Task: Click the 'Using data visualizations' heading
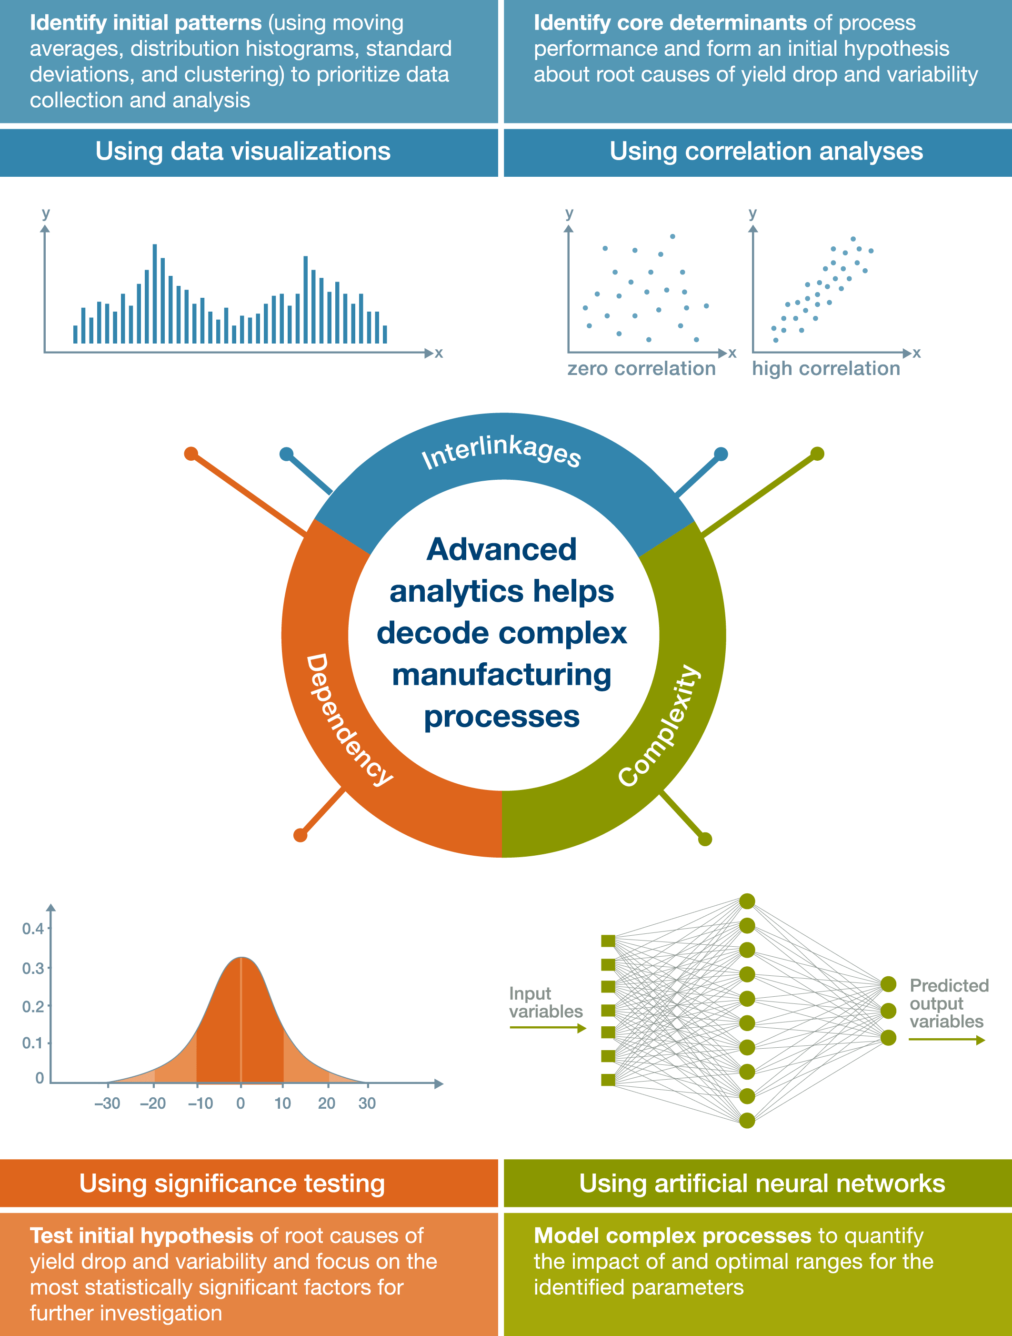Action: (x=243, y=151)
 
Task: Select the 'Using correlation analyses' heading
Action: (x=766, y=151)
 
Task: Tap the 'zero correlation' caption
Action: (x=641, y=368)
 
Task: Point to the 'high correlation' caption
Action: (x=826, y=368)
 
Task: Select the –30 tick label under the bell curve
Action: (x=108, y=1103)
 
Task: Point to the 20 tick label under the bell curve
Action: (x=327, y=1103)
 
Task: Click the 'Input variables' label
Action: (x=546, y=1002)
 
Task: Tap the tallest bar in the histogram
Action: (x=155, y=294)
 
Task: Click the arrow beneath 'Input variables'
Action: (x=548, y=1028)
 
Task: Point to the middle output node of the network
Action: (x=888, y=1011)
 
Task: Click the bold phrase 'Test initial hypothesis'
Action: (x=141, y=1236)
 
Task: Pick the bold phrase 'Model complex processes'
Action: (x=672, y=1236)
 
